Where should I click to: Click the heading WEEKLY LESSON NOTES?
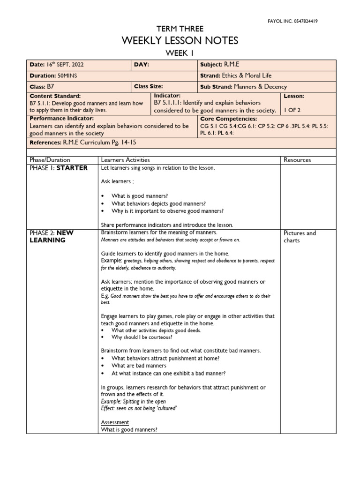click(x=180, y=41)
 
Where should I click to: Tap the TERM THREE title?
click(x=180, y=29)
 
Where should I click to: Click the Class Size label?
click(x=149, y=87)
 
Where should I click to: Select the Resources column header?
click(x=297, y=160)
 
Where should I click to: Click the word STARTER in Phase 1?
click(x=72, y=168)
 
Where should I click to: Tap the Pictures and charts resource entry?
click(x=300, y=237)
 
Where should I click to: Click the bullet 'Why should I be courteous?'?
click(x=142, y=337)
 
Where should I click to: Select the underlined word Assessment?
click(x=115, y=422)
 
